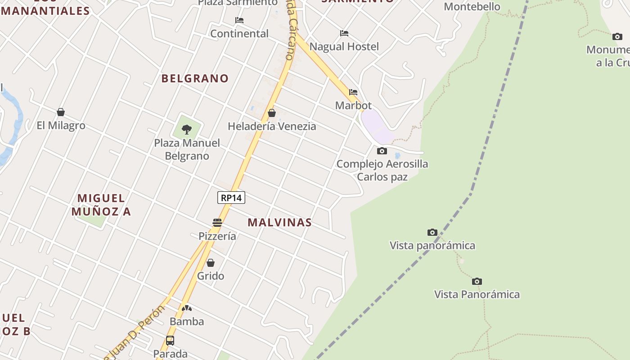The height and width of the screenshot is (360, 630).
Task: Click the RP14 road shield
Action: [x=231, y=198]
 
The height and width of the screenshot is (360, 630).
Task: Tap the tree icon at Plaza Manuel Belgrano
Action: [x=187, y=130]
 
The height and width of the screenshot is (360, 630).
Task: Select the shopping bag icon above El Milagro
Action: [x=61, y=112]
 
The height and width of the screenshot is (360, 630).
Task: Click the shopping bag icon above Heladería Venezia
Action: [x=272, y=113]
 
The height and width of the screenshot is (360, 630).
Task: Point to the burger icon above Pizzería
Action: [x=217, y=223]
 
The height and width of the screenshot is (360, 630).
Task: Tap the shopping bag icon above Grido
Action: [x=211, y=263]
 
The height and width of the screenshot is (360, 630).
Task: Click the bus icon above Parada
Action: [x=170, y=341]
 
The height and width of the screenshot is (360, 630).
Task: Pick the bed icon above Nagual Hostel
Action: [x=344, y=33]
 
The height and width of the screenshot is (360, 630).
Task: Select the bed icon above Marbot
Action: [x=353, y=92]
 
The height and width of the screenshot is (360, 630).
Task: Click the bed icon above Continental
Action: [x=239, y=20]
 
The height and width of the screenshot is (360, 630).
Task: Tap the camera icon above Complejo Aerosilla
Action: [x=382, y=151]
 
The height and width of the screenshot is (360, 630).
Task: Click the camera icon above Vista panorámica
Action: [x=432, y=232]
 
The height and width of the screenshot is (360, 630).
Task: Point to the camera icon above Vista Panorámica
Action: [x=477, y=281]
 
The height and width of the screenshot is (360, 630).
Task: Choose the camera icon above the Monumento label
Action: [x=617, y=36]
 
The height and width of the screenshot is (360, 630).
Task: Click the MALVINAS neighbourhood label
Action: [x=279, y=222]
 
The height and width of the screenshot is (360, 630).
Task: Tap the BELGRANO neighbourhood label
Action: [x=195, y=78]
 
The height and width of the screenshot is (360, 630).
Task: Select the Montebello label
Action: [x=472, y=7]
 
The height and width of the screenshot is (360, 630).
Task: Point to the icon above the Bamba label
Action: [x=187, y=308]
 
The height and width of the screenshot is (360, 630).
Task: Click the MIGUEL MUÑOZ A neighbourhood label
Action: [x=101, y=205]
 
